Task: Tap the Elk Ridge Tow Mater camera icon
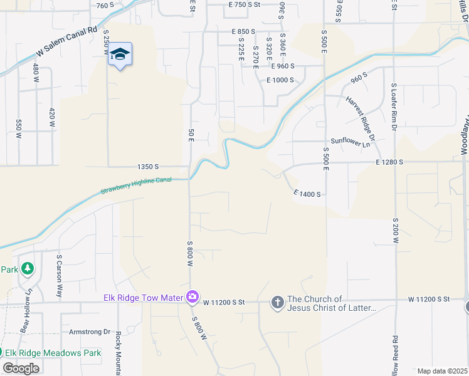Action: coord(192,296)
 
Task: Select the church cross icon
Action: coord(278,303)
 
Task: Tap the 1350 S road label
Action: coord(148,167)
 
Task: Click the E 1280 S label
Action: coord(389,162)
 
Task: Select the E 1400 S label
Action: coord(307,194)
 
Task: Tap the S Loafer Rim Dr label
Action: coord(394,107)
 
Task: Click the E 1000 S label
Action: coord(280,80)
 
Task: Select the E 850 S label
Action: coord(243,31)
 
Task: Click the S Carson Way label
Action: coord(60,276)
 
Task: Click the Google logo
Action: coord(21,368)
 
